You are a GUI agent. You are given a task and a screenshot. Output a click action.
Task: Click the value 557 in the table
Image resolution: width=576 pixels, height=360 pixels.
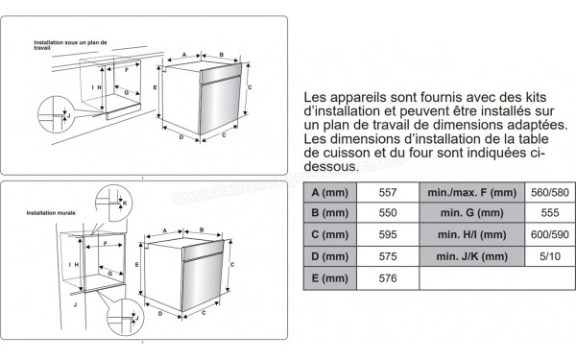[x=390, y=193]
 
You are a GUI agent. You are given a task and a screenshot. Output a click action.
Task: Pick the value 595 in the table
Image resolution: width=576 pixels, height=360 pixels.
[x=390, y=235]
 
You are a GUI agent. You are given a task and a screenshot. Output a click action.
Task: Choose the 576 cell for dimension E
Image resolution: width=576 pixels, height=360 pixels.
[x=390, y=278]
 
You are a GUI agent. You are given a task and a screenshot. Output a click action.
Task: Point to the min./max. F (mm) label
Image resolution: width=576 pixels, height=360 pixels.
[x=474, y=193]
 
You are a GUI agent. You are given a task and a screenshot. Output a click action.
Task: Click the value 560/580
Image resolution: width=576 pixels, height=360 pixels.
[x=549, y=193]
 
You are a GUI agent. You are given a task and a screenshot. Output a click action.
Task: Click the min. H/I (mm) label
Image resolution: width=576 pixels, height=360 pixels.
[x=474, y=235]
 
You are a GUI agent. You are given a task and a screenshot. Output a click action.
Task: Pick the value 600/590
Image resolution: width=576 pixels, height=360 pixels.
[x=549, y=235]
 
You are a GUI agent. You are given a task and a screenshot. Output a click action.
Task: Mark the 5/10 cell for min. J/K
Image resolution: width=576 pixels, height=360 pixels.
[x=549, y=256]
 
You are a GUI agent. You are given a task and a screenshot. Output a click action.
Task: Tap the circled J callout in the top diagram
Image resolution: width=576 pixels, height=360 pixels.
[x=59, y=114]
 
